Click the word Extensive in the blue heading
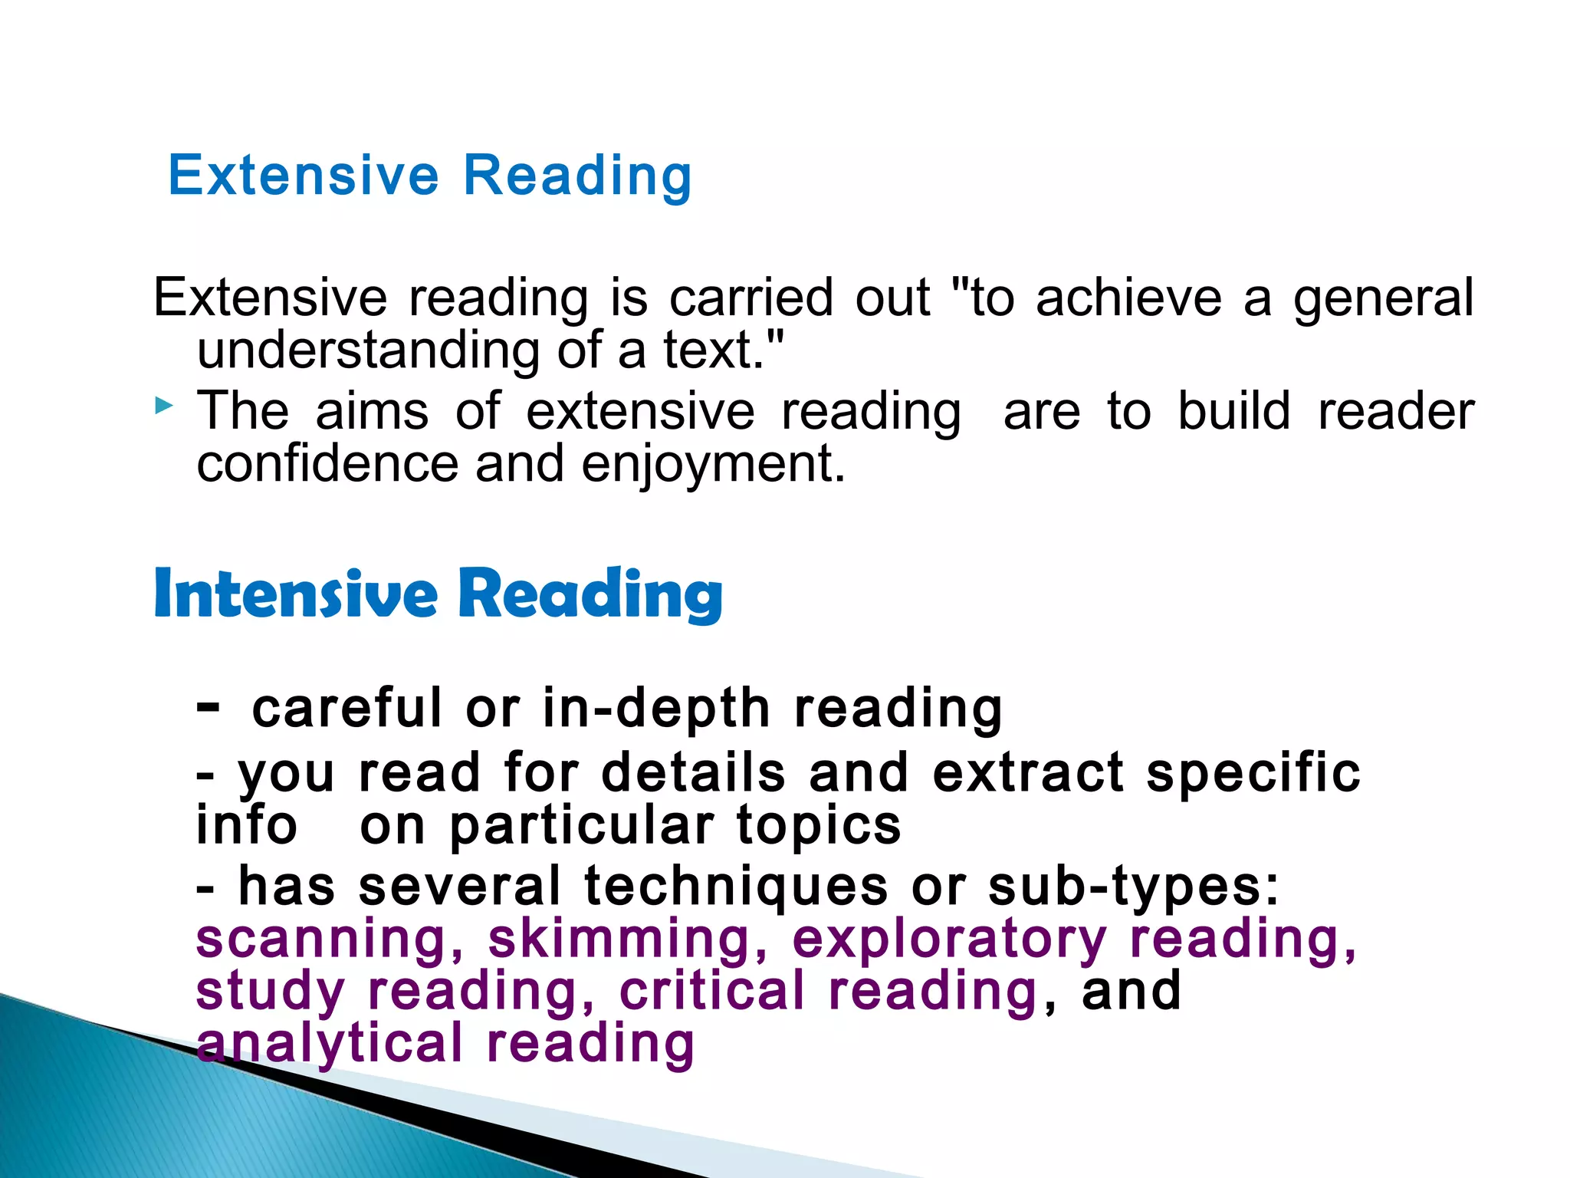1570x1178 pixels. pos(304,176)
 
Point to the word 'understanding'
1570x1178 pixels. pos(369,350)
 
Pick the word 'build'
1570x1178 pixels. pos(1233,411)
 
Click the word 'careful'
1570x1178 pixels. pos(347,708)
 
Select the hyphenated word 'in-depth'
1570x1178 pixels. pos(656,709)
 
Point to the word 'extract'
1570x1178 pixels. pos(1028,772)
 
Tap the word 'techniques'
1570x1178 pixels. pos(736,886)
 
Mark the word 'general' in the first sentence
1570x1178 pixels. pos(1384,299)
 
